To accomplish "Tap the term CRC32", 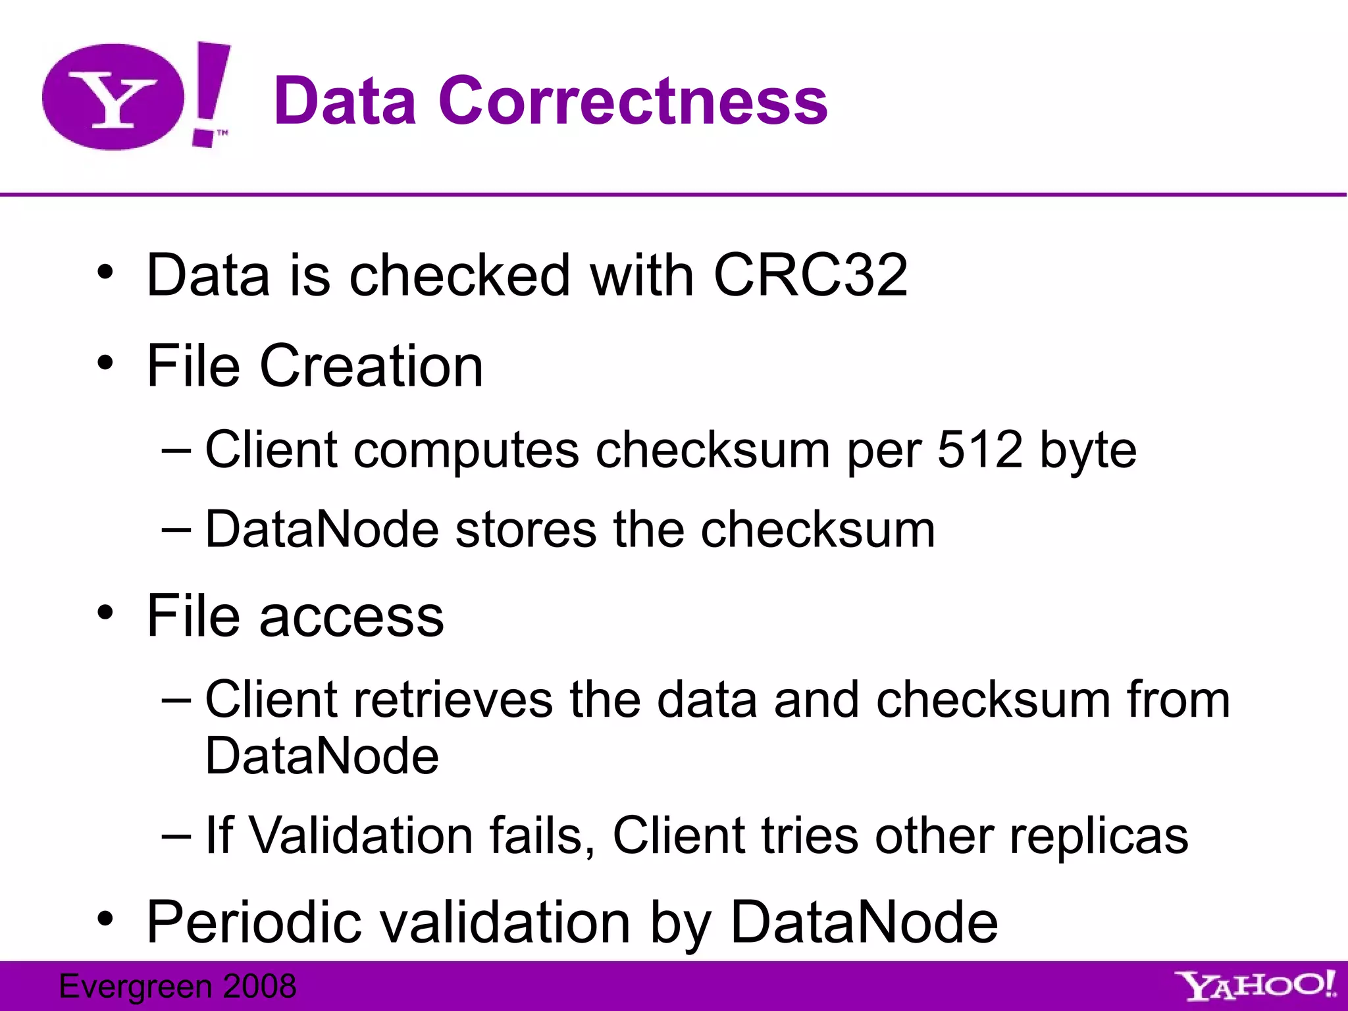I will (x=810, y=275).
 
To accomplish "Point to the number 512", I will (x=979, y=450).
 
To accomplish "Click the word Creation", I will (x=371, y=366).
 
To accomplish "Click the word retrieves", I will (x=453, y=699).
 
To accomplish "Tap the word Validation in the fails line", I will (x=361, y=835).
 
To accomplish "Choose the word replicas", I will (x=1099, y=837).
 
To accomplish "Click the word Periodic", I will (x=254, y=921).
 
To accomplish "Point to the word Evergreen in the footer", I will (x=136, y=987).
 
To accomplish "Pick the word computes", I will (x=466, y=451).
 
